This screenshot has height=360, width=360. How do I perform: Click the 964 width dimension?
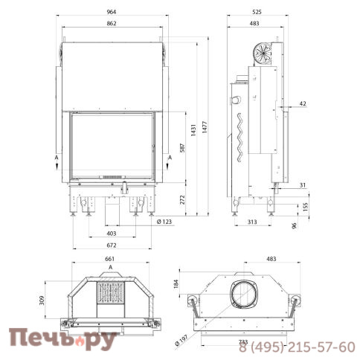[x=112, y=12]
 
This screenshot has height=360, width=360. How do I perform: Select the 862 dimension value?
[x=112, y=23]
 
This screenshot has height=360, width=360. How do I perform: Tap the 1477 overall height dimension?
[x=205, y=127]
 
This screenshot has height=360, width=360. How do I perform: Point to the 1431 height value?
[x=193, y=130]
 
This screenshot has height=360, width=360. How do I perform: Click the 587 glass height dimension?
[x=182, y=148]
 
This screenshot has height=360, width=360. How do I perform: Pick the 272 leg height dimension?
[x=182, y=199]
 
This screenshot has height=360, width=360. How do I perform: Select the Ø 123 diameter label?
[x=164, y=222]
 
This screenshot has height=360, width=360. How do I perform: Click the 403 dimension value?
[x=112, y=234]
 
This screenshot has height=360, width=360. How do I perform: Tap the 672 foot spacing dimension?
[x=112, y=245]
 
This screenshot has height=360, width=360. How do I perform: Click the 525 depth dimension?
[x=257, y=12]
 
